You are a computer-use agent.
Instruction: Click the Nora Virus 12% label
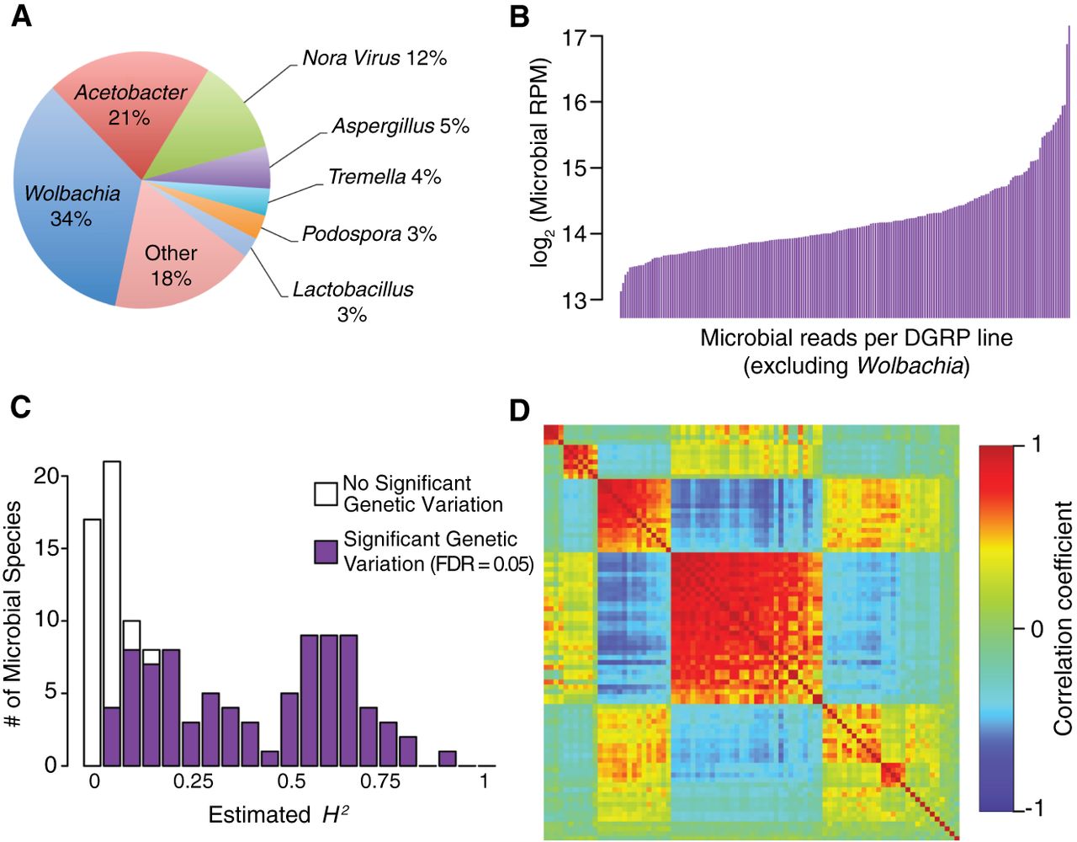click(374, 58)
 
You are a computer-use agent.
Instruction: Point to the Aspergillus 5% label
click(401, 126)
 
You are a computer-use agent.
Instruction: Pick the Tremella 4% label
click(385, 177)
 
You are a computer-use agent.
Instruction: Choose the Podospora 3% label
click(369, 233)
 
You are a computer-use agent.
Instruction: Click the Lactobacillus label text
click(353, 289)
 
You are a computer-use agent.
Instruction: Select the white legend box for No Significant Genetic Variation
click(326, 494)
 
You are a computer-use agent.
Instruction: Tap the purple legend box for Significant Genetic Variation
click(326, 552)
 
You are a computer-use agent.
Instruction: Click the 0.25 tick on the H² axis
click(194, 781)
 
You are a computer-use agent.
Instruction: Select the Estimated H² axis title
click(278, 814)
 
